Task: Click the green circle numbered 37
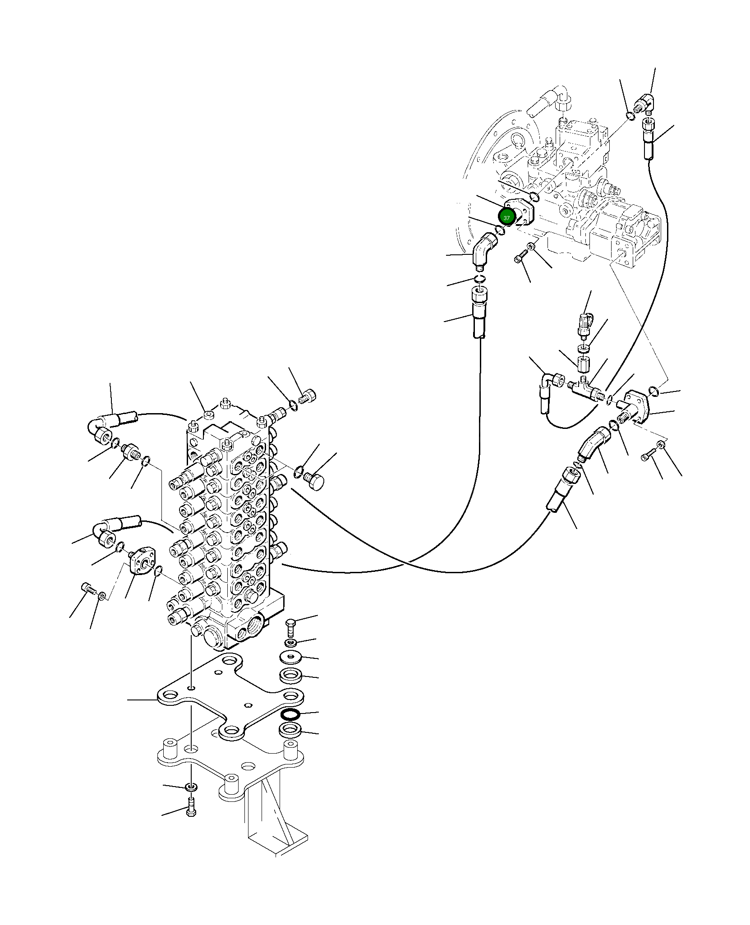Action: (x=506, y=217)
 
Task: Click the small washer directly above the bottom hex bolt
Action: (x=192, y=787)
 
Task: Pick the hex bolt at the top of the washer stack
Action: (x=291, y=626)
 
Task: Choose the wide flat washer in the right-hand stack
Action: (x=290, y=657)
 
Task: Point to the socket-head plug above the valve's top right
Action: (x=308, y=397)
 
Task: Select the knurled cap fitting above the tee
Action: (x=584, y=322)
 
